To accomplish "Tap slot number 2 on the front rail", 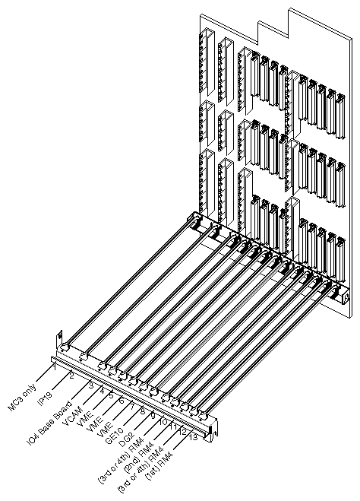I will [72, 375].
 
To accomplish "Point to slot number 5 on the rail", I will [111, 395].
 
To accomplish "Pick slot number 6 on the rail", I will [122, 401].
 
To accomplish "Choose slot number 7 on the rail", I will [131, 406].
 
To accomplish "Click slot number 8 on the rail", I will [142, 411].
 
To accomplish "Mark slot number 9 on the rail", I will [153, 417].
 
